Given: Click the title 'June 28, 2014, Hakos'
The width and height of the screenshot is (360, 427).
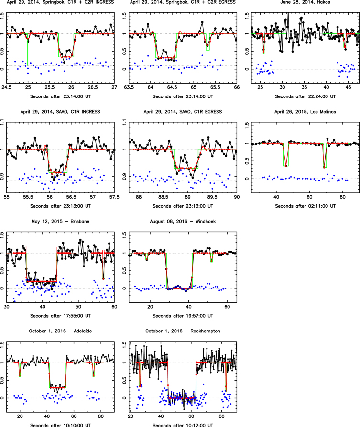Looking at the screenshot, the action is coord(305,2).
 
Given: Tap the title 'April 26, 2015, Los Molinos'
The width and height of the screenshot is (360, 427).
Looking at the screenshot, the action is coord(305,112).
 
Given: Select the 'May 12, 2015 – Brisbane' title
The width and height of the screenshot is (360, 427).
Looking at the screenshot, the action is coord(60,222).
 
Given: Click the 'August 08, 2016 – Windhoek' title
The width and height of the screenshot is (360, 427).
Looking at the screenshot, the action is coord(183,222).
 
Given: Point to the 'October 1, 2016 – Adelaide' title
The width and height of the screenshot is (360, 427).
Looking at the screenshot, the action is coord(60,331).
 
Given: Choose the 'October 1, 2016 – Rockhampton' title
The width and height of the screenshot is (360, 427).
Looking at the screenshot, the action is coord(183,331).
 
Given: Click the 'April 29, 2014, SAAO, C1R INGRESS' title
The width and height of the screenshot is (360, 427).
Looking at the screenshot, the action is coord(60,112).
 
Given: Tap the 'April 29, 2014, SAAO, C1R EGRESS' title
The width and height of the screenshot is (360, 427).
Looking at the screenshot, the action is coord(183,112).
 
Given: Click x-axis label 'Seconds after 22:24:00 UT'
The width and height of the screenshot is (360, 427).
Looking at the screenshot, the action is coord(305,96).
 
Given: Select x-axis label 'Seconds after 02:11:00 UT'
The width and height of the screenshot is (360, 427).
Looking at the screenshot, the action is coord(305,206).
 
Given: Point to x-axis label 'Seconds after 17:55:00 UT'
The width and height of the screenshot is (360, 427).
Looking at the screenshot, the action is coord(60,316).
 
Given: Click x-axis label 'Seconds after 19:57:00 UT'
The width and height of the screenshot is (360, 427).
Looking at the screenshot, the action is coord(183,316).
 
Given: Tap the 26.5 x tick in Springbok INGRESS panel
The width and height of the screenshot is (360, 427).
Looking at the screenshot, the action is coord(93,87).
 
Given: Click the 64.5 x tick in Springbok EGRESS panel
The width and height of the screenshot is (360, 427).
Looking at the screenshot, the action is coord(172,87).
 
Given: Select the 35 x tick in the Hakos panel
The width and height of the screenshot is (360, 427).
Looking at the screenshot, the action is coord(304,87).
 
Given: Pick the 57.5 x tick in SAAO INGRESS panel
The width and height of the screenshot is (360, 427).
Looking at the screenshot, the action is coord(114,197).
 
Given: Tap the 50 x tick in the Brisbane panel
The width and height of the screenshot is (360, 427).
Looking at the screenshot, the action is coord(78,306).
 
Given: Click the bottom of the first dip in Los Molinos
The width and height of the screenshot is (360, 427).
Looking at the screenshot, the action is coord(285,166).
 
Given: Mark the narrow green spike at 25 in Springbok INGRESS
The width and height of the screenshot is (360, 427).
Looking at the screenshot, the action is coord(28,50).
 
